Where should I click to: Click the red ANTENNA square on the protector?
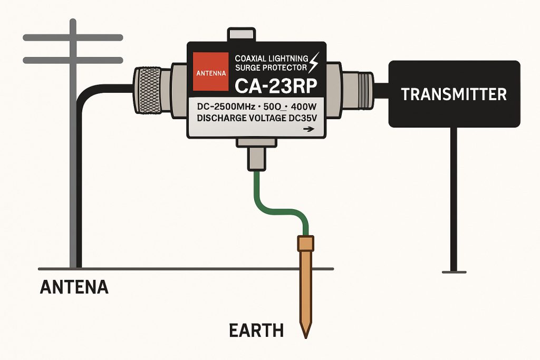click(211, 72)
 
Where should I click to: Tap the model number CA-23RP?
click(275, 86)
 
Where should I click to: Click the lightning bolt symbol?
click(314, 62)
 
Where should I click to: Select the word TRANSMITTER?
click(454, 94)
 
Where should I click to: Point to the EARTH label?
click(256, 330)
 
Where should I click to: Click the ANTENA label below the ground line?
click(74, 287)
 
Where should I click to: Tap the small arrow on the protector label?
click(309, 130)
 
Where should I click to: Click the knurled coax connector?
click(148, 91)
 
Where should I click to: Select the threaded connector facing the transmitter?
click(358, 90)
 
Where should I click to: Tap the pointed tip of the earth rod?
click(305, 338)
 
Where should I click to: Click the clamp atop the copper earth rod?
click(305, 243)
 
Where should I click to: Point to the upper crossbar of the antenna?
click(73, 37)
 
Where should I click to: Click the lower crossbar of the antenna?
click(73, 60)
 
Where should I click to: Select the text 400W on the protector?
click(304, 106)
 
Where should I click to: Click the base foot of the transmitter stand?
click(454, 272)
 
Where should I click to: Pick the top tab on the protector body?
click(241, 35)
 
